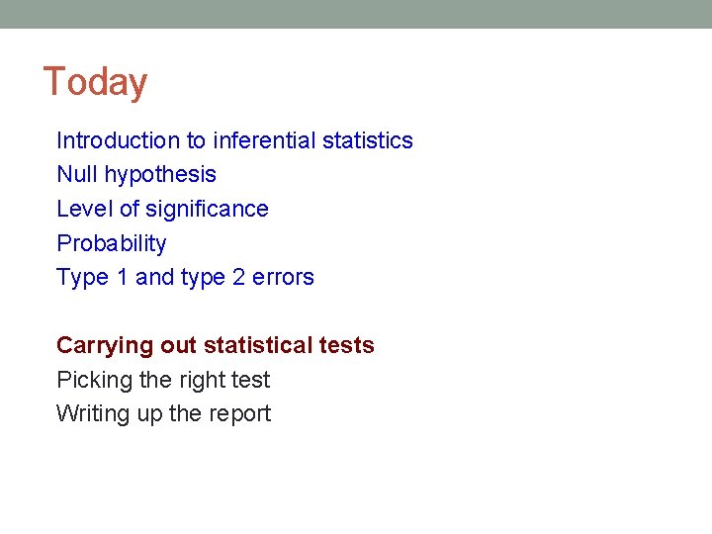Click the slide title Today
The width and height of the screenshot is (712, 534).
coord(95,82)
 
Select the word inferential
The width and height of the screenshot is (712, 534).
coord(264,140)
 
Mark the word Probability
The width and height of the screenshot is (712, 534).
coord(112,244)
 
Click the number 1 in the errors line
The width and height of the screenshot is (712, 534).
coord(123,277)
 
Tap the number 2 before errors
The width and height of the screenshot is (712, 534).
coord(238,277)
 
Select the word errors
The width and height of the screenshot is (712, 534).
coord(283,278)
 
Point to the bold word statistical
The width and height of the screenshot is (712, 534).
coord(259,345)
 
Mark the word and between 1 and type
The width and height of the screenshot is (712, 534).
coord(154,277)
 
